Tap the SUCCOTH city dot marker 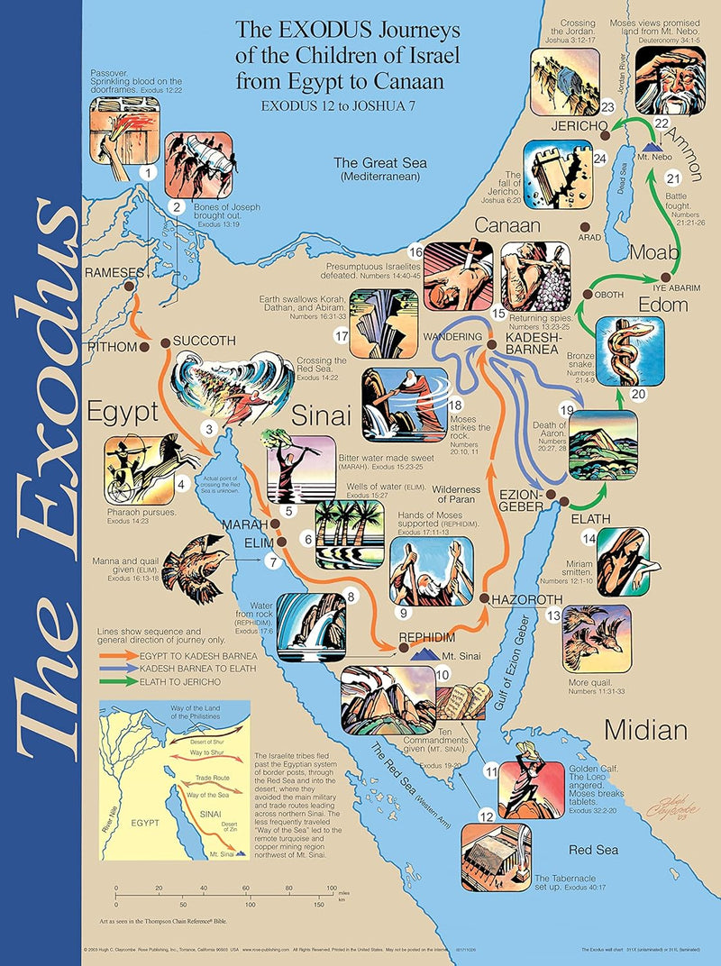click(165, 342)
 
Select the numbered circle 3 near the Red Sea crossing click(209, 429)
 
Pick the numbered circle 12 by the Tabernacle click(486, 816)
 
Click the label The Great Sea click(379, 163)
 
